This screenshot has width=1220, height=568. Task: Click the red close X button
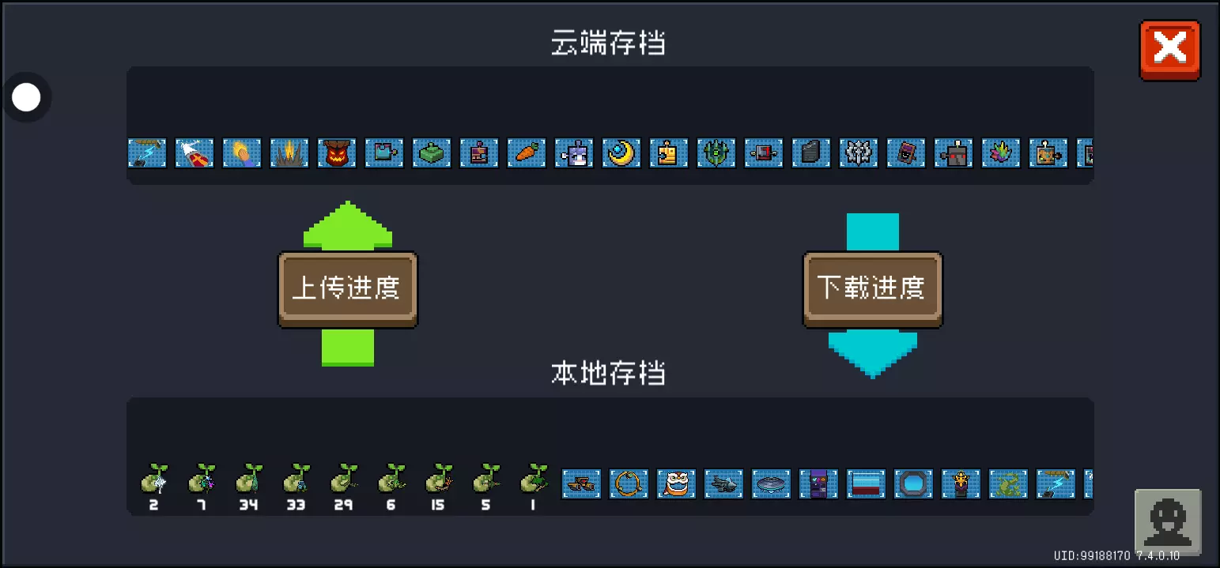1170,51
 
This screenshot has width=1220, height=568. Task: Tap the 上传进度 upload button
347,289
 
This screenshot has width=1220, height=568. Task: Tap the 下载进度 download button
873,289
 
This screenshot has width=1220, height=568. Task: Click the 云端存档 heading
608,43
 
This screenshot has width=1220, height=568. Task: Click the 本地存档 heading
608,373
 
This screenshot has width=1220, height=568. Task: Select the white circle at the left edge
26,97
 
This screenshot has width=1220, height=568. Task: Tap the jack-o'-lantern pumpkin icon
337,153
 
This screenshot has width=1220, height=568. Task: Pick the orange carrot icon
526,153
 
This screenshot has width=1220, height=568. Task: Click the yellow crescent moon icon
621,153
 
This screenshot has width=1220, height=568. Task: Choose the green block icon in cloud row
432,153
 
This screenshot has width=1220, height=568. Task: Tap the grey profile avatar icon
1168,521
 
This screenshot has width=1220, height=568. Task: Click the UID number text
1092,555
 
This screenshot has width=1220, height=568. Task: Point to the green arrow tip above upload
347,202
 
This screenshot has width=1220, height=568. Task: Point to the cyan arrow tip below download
873,378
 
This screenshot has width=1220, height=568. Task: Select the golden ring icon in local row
629,483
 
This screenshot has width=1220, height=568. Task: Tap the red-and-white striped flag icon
866,483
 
